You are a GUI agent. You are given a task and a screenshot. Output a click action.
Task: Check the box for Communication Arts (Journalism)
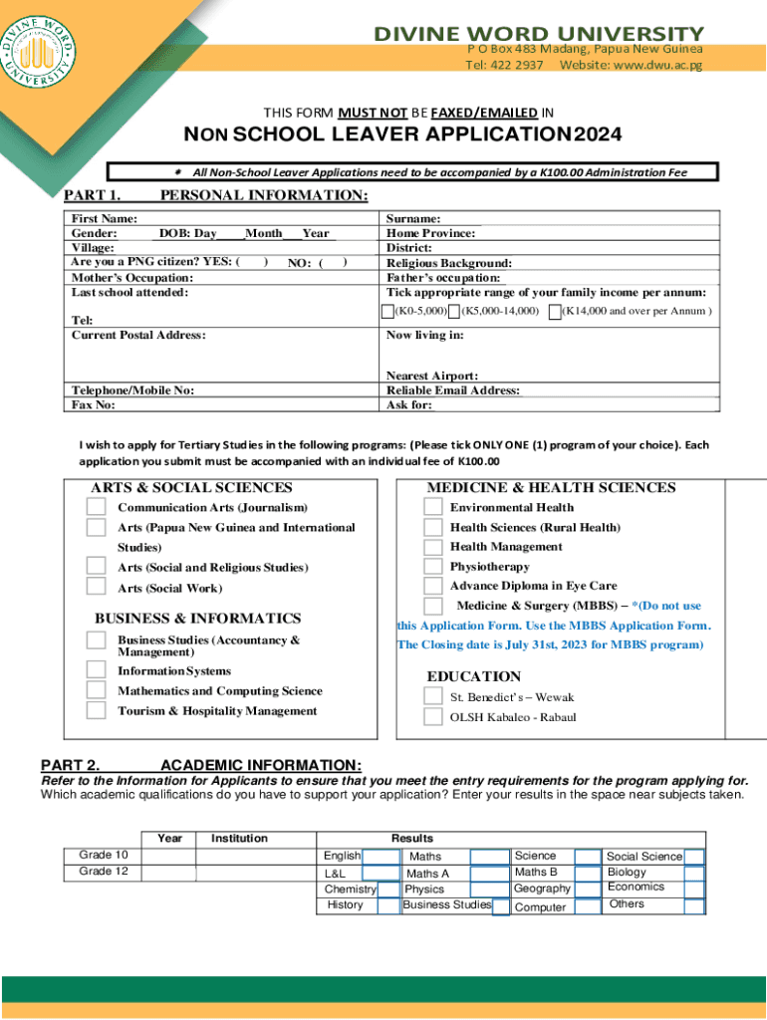[96, 506]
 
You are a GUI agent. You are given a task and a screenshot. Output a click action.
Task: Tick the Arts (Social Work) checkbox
[96, 588]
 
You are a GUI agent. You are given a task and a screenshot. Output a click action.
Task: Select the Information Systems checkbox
[96, 670]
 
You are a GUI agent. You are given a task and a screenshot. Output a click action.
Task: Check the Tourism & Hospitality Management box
[96, 710]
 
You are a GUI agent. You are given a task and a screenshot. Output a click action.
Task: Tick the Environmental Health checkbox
[433, 506]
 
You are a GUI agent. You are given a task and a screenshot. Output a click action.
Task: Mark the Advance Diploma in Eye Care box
[433, 587]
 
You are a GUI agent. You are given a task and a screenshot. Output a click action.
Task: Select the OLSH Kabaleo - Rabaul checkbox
[433, 716]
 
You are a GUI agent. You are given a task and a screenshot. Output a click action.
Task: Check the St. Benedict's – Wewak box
[433, 696]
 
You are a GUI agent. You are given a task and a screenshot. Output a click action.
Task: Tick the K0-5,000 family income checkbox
[388, 312]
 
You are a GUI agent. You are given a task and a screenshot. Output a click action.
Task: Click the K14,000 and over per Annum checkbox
[555, 312]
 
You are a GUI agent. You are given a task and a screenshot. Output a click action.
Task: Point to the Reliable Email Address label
[453, 391]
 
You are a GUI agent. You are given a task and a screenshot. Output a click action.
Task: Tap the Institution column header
[239, 839]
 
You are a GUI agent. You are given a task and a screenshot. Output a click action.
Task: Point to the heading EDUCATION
[473, 676]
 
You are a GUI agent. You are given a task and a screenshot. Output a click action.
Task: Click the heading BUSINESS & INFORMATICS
[197, 619]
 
